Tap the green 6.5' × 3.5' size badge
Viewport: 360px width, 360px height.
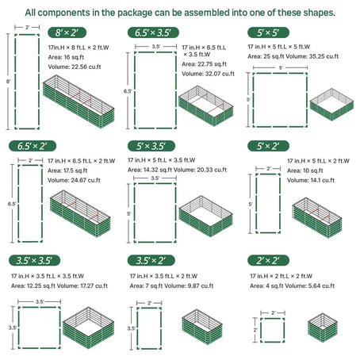[x=152, y=33]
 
